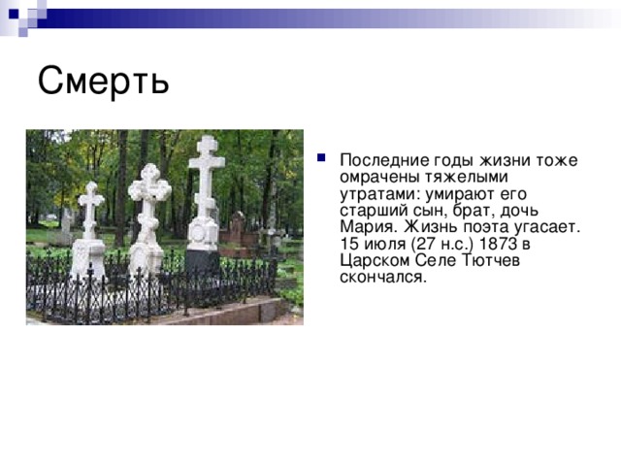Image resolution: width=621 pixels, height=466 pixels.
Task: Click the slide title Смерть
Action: pyautogui.click(x=103, y=81)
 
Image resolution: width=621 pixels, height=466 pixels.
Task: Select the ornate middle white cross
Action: pyautogui.click(x=148, y=194)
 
